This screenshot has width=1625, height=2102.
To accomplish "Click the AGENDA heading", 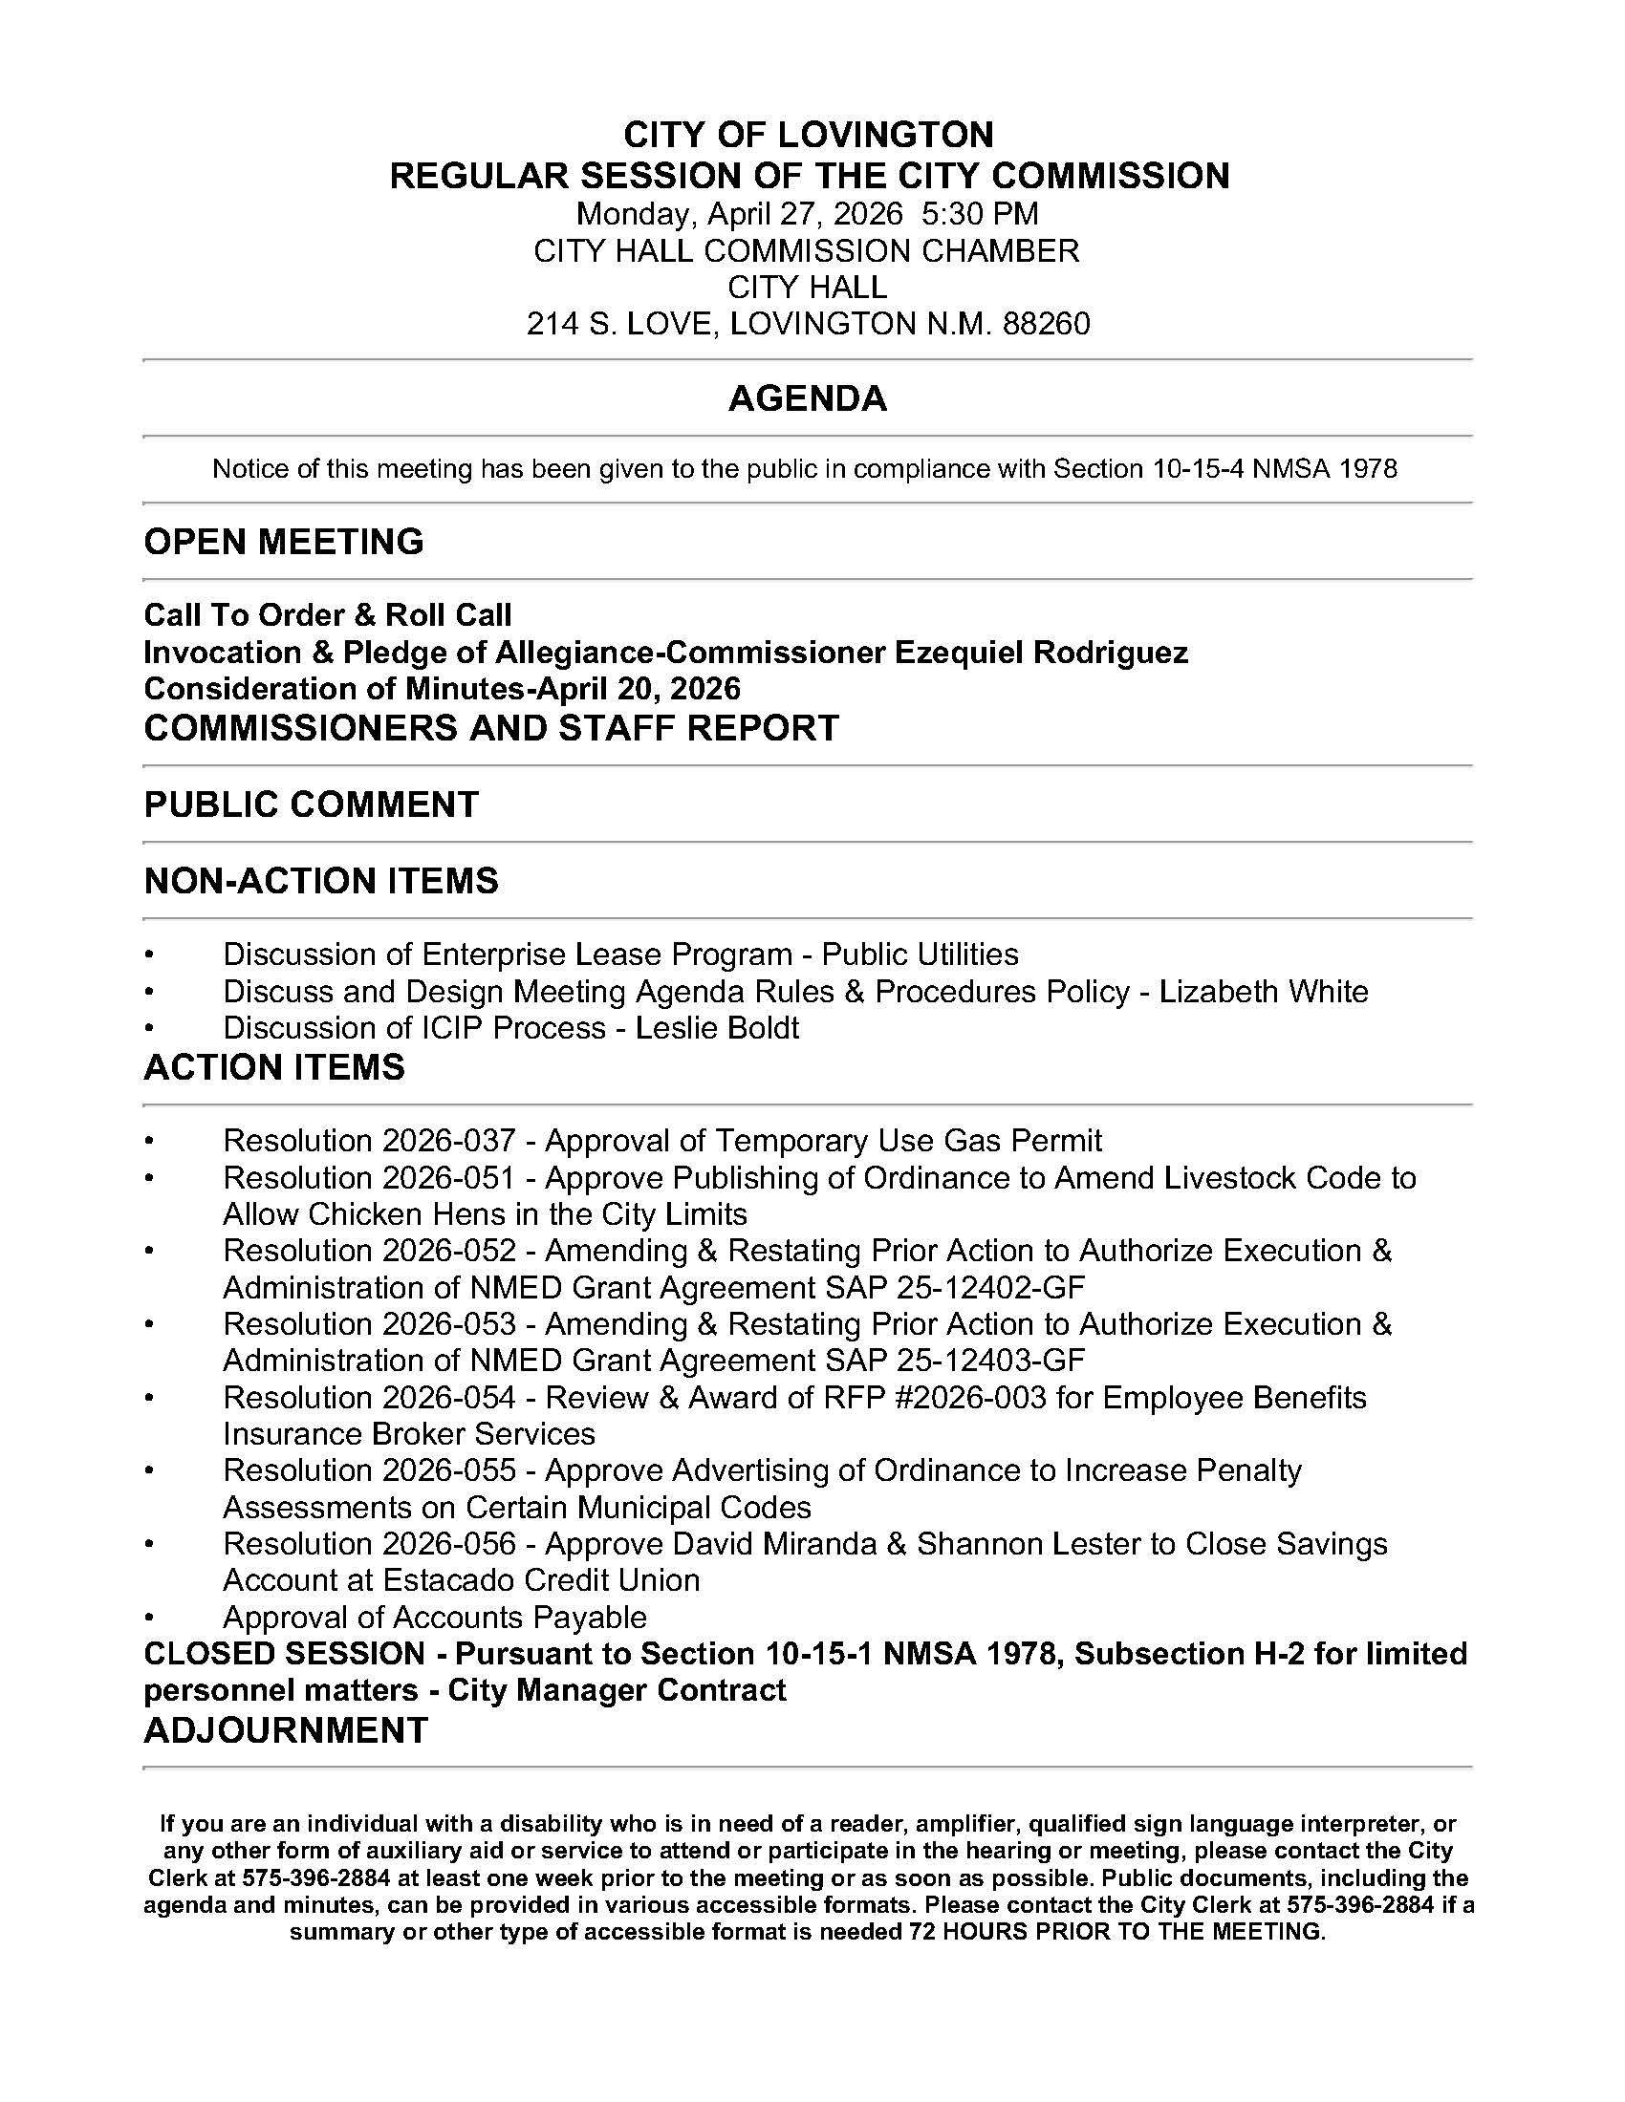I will pos(807,398).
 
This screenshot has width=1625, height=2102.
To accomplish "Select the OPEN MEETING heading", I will pos(284,542).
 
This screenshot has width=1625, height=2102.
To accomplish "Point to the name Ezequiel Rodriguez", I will pos(1042,653).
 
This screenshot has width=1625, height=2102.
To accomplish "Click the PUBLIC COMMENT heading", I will pos(311,804).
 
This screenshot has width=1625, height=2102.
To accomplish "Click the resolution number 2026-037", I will pos(448,1141).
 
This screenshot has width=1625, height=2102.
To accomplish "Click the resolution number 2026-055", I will pos(448,1470).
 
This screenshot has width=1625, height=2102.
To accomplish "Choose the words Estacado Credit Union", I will pos(541,1580).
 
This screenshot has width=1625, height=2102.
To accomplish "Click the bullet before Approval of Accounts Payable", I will pos(149,1618).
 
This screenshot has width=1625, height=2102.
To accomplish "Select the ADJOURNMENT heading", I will pos(285,1730).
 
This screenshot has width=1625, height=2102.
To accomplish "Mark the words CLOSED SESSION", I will pos(284,1654).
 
